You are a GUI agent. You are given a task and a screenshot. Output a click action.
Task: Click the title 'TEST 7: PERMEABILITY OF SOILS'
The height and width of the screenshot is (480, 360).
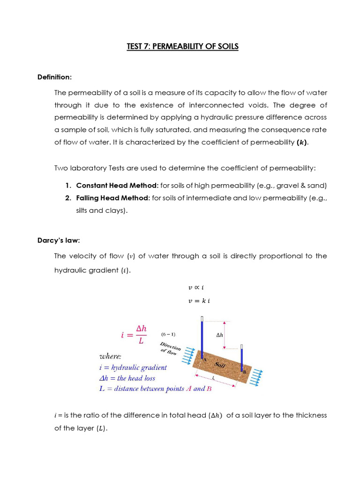(182, 46)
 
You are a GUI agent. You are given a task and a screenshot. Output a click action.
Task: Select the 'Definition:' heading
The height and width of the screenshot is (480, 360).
(54, 77)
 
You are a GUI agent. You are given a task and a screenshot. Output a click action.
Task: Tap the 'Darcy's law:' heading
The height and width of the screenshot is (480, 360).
(59, 240)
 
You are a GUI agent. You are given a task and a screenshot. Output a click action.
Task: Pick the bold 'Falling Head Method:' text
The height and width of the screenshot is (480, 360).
(113, 198)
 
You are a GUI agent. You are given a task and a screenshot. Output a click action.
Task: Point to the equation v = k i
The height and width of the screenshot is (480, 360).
(199, 301)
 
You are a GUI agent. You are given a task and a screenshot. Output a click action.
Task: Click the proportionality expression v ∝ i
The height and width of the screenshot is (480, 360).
(196, 288)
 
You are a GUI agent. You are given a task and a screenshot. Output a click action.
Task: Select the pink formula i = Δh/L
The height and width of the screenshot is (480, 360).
(134, 335)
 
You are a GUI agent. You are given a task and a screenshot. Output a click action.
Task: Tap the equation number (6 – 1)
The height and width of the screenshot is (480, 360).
(168, 334)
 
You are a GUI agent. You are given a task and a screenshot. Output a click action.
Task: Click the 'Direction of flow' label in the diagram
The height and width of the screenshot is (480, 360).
(170, 349)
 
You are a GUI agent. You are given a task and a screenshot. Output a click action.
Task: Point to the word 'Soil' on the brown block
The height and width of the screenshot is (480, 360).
(220, 364)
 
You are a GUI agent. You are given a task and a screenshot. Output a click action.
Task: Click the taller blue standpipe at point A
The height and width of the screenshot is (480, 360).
(202, 337)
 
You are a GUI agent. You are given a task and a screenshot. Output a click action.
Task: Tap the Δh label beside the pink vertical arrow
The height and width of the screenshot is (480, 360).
(219, 335)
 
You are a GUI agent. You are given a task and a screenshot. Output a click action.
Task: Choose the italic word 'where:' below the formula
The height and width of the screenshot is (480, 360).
(110, 356)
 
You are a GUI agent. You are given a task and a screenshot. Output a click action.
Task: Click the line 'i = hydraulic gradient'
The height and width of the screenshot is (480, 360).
(133, 367)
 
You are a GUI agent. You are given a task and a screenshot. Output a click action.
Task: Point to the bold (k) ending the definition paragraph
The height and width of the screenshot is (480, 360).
(302, 142)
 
